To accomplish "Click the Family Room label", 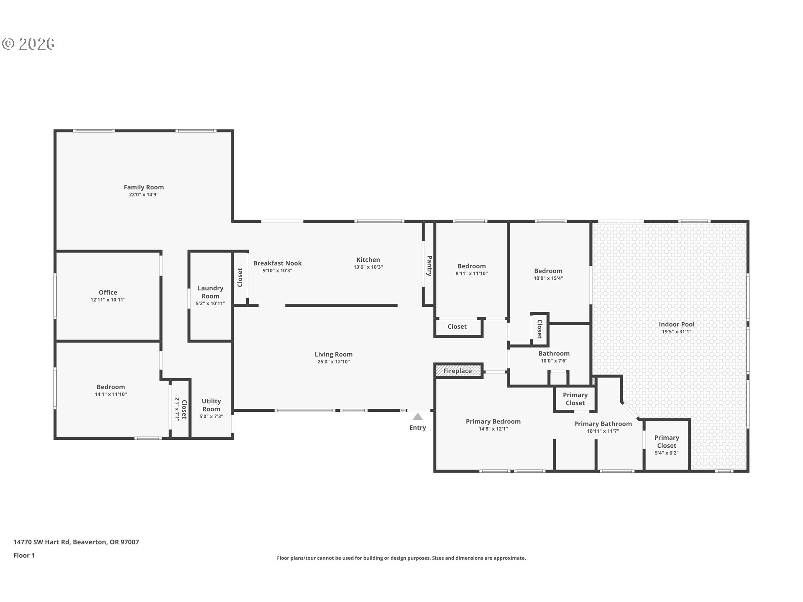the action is pos(143,187).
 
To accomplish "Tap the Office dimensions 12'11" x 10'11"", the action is pos(108,300).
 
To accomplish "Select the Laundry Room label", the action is pos(210,292).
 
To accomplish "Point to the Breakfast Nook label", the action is pos(277,263).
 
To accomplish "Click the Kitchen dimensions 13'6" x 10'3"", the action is pos(368,267).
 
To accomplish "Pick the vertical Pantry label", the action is pos(429,266).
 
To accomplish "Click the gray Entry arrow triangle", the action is pos(417,416).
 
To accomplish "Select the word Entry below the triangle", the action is pos(418,427).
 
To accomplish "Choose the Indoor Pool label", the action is pos(676,324).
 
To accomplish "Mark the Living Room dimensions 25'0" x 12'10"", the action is pos(333,362).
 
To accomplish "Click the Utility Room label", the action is pos(211,405).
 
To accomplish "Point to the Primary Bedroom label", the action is pos(493,421).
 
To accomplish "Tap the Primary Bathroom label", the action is pos(603,424).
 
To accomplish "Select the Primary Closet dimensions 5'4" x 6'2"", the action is pos(666,453).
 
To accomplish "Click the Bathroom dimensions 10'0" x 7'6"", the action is pos(554,361).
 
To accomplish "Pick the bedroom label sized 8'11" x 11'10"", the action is pos(471,266).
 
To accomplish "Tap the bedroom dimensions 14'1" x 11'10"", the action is pos(110,394).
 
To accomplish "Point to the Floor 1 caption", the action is pos(24,555).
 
